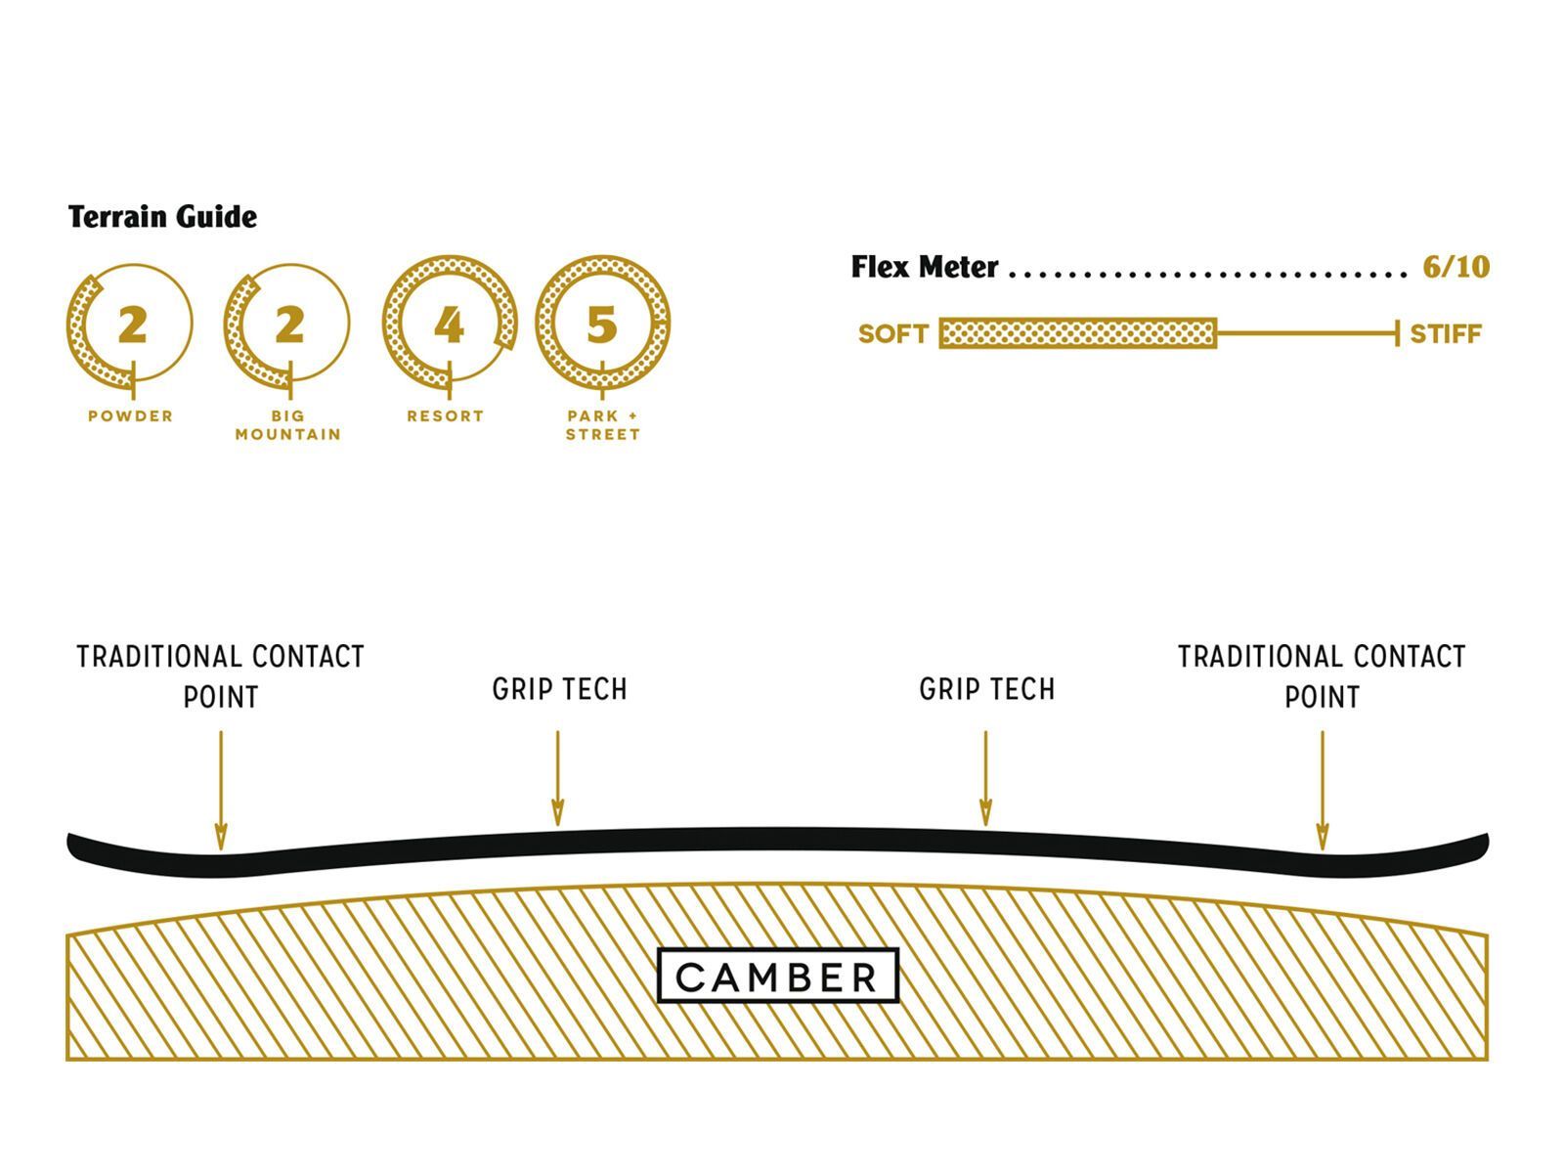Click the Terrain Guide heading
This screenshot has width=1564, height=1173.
pos(162,216)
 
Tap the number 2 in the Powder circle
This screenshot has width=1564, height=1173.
pos(132,325)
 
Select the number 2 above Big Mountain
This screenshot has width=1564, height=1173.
pos(288,325)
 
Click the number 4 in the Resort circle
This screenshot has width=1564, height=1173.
pos(448,325)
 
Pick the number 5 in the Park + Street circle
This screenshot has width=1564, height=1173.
pos(602,325)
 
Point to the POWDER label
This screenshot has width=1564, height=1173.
pos(131,415)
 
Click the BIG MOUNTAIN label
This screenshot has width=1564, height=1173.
pos(288,424)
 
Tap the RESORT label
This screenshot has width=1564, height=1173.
pos(446,415)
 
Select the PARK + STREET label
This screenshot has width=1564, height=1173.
pos(602,424)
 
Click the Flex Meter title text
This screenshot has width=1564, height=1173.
pos(924,267)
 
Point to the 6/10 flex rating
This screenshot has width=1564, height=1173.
pos(1455,267)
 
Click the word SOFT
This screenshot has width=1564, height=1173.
pos(892,334)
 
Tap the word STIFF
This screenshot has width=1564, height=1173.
pos(1445,334)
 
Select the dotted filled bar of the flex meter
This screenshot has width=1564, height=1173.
pos(1077,333)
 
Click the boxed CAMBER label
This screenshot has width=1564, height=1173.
pos(777,976)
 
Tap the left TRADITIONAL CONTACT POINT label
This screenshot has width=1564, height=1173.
pos(221,676)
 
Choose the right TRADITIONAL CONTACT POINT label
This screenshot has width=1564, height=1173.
pos(1322,676)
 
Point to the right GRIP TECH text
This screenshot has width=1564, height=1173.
pos(986,689)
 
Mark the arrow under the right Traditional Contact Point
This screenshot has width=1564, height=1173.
pos(1322,790)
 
